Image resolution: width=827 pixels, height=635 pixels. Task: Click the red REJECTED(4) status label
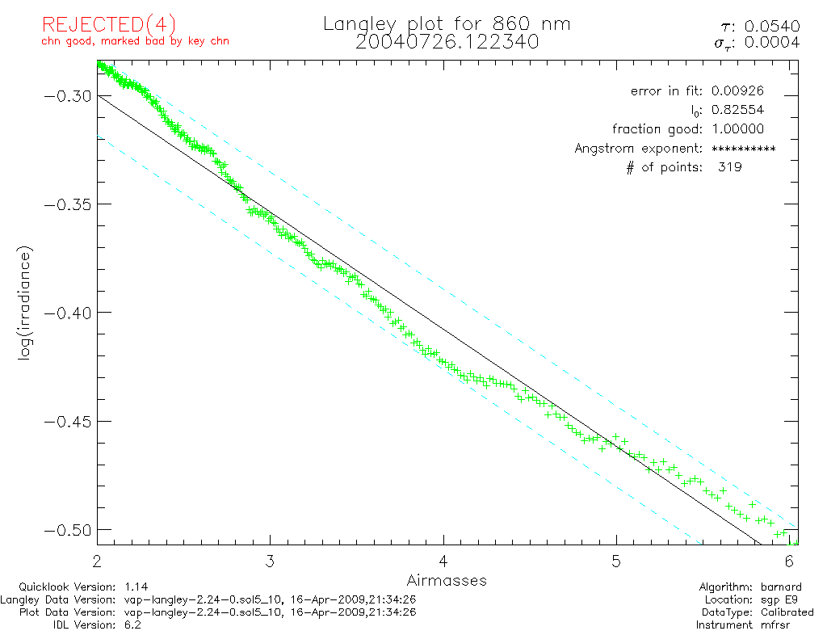tap(109, 25)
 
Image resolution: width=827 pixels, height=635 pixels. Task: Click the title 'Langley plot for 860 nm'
tap(447, 24)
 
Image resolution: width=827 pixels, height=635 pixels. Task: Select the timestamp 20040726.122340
tap(447, 42)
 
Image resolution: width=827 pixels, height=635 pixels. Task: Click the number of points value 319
tap(729, 167)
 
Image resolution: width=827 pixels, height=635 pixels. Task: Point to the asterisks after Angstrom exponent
tap(743, 149)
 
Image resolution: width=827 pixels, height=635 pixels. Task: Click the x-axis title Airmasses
tap(447, 580)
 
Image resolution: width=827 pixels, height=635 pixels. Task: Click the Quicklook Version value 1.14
tap(136, 587)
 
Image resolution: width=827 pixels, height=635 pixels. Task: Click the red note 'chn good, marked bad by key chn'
tap(135, 40)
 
